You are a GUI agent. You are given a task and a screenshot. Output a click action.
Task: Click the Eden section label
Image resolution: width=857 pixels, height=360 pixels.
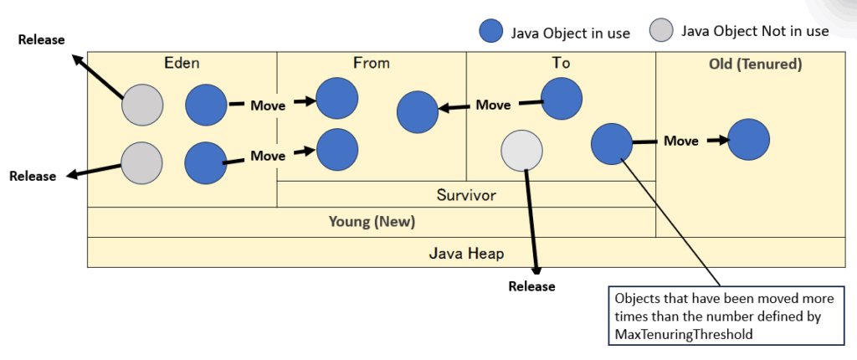(182, 62)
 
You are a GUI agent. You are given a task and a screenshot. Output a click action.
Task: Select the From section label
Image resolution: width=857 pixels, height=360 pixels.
(372, 62)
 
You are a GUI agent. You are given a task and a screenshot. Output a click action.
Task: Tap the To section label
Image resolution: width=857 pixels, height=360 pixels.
(561, 62)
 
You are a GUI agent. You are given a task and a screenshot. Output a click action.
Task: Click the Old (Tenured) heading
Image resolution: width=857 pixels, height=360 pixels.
(751, 64)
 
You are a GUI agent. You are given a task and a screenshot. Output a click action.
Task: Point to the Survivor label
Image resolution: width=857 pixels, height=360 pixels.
(466, 195)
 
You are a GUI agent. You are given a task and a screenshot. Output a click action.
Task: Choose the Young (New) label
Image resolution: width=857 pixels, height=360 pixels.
(372, 222)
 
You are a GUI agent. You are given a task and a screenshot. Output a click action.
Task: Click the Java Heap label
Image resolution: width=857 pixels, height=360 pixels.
(466, 252)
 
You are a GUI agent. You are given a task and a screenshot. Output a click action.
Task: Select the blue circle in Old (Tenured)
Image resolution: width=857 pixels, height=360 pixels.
(749, 139)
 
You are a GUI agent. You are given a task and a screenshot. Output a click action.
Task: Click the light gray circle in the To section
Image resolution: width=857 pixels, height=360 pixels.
(521, 151)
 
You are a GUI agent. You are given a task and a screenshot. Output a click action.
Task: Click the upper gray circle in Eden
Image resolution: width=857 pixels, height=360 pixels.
(143, 105)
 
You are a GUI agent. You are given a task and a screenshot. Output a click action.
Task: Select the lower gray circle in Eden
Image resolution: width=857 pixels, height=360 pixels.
(142, 162)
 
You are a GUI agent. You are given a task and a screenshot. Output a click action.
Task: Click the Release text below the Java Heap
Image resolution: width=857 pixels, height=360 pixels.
(531, 286)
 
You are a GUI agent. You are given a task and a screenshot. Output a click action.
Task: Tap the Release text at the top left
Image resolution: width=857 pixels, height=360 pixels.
(41, 40)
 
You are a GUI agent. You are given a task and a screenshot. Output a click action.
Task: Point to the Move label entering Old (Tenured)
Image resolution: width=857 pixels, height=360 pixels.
(681, 141)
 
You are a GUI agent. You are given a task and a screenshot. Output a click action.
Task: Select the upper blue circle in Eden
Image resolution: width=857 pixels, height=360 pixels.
(206, 105)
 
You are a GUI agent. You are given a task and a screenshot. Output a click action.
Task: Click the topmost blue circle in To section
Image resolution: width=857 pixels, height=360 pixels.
(562, 99)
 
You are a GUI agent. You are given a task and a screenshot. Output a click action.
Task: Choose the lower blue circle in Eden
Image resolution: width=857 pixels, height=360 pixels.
(206, 162)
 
